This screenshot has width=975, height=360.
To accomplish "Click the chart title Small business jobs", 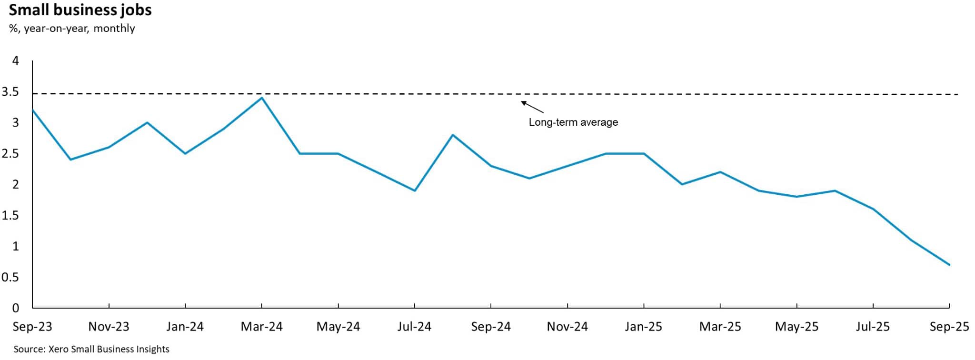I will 80,10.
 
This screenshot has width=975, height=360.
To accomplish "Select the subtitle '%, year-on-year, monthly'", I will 72,29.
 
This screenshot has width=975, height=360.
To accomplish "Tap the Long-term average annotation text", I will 573,122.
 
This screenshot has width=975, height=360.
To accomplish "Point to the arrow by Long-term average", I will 532,107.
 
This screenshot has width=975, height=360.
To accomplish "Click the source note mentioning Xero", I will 91,349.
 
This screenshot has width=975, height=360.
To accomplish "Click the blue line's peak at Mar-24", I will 262,98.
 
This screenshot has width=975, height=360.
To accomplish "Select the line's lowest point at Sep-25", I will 949,265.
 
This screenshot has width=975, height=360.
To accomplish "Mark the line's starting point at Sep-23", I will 32,110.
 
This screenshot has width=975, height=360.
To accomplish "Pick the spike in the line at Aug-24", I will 453,135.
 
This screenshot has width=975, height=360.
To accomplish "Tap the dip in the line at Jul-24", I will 415,190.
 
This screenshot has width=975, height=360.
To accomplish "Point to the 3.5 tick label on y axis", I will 10,92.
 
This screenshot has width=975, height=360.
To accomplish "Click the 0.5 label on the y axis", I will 10,277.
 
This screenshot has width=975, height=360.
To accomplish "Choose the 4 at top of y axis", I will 16,61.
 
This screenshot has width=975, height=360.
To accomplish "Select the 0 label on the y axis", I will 16,308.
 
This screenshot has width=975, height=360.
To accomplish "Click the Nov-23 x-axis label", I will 109,327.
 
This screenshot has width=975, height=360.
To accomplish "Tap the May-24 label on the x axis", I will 338,327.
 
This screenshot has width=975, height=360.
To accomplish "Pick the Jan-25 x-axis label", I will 644,327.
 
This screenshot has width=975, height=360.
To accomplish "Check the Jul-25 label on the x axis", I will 873,327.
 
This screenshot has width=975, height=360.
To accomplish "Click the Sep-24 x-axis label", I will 491,327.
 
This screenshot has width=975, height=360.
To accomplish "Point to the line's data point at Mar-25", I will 720,172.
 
